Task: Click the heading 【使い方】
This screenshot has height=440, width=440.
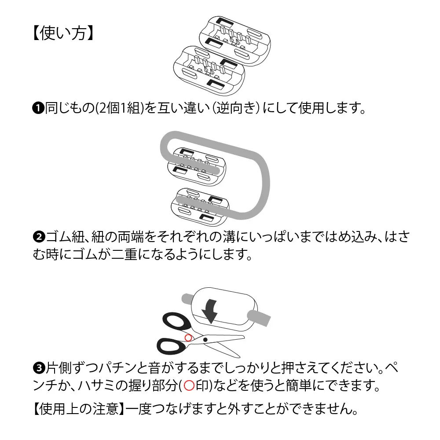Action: pyautogui.click(x=63, y=33)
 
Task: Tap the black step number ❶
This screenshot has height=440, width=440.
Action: pyautogui.click(x=38, y=108)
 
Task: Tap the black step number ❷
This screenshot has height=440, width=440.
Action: pyautogui.click(x=38, y=238)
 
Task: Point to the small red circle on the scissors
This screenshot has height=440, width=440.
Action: pyautogui.click(x=188, y=337)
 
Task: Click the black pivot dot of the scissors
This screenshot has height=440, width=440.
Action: pyautogui.click(x=205, y=339)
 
